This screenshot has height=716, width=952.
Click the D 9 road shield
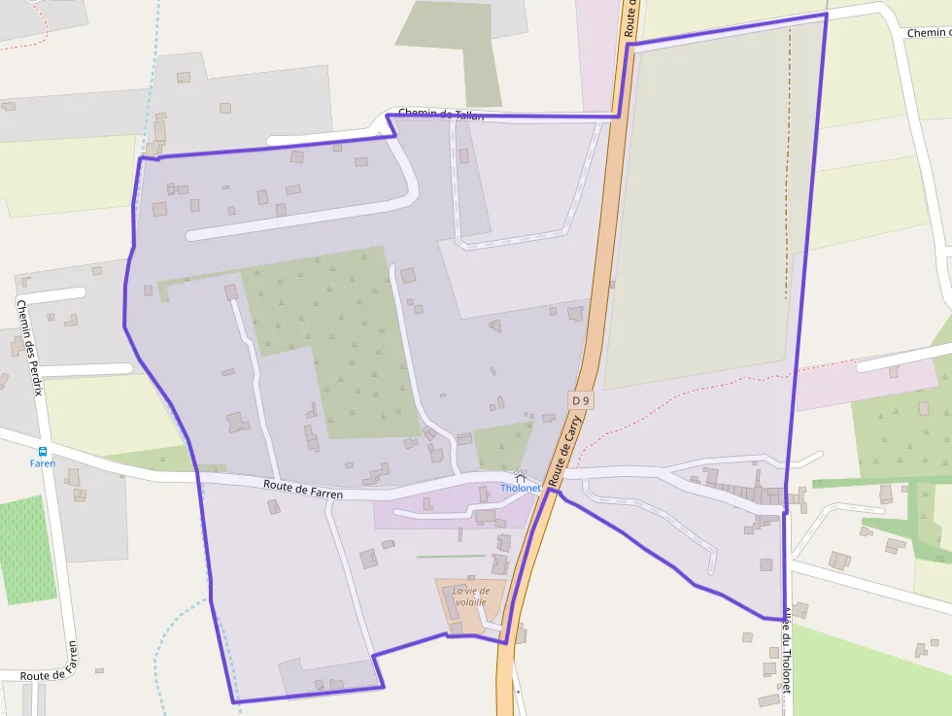[x=581, y=400]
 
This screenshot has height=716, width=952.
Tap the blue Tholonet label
[x=520, y=488]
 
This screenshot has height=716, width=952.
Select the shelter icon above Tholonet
[x=521, y=477]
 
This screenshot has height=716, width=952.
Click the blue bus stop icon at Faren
[x=43, y=451]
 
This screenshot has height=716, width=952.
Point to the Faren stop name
[x=43, y=463]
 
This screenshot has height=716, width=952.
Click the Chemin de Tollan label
[x=441, y=115]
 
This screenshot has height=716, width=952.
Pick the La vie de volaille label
[x=470, y=596]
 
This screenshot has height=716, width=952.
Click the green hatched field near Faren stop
[x=23, y=550]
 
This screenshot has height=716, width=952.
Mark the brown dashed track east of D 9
[x=788, y=165]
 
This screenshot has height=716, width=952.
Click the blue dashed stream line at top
[x=155, y=58]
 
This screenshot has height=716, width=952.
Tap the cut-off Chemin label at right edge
[x=928, y=33]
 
